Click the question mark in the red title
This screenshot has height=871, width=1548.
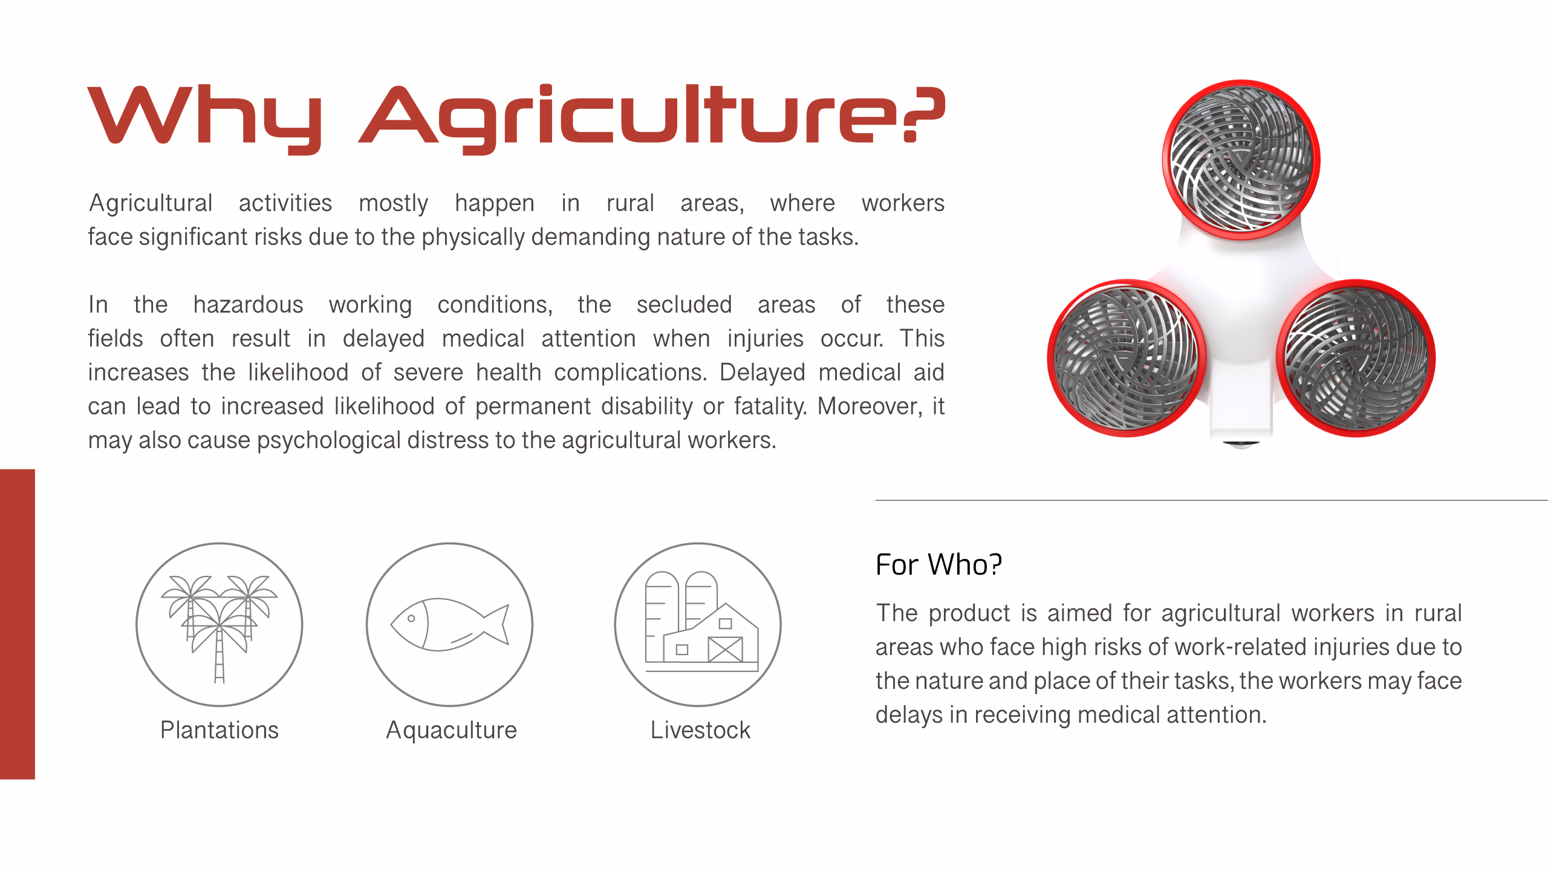(x=923, y=114)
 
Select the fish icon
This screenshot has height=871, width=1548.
(x=450, y=624)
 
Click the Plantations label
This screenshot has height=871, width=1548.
(x=220, y=730)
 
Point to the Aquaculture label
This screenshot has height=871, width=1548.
(x=452, y=731)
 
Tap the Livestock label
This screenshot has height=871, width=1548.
(x=700, y=730)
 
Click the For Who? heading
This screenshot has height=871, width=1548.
(x=938, y=564)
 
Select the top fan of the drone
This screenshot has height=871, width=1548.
(x=1241, y=160)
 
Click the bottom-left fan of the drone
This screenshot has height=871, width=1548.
(x=1127, y=357)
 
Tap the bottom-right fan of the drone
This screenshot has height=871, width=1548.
(x=1356, y=357)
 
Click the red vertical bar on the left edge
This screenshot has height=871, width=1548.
(x=18, y=624)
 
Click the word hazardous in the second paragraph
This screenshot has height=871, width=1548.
(x=248, y=304)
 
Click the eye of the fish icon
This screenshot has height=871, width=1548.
(x=411, y=618)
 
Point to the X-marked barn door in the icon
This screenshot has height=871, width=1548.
(x=725, y=650)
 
